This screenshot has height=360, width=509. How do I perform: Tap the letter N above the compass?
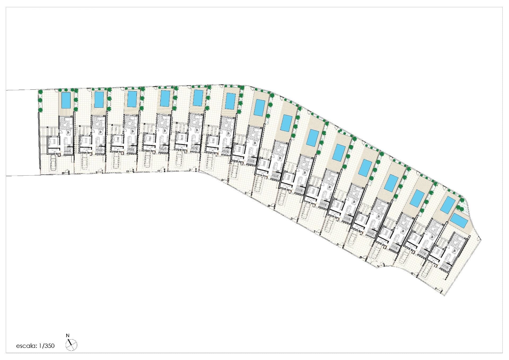point(68,336)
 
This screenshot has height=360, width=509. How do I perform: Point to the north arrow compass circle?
point(72,345)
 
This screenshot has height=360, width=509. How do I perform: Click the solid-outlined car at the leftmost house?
point(53,163)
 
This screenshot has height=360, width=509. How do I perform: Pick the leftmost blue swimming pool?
point(66,100)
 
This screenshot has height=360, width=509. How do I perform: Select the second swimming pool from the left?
point(99,99)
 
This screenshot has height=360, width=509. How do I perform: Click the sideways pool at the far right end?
point(459,220)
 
